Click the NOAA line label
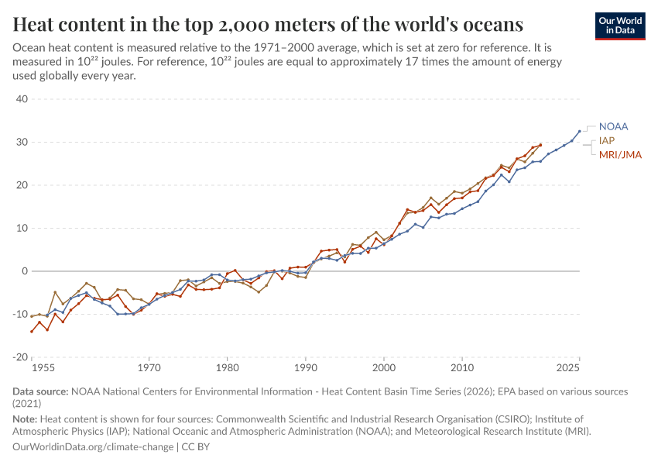[x=613, y=126]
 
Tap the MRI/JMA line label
[x=620, y=155]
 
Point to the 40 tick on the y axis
[x=22, y=99]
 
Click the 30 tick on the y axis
[x=22, y=143]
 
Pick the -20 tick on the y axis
[x=19, y=357]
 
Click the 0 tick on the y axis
[x=25, y=271]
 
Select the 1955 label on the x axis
[x=43, y=367]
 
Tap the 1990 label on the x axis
[x=306, y=367]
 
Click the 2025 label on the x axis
[x=568, y=367]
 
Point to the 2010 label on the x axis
[x=462, y=367]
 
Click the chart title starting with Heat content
[x=268, y=25]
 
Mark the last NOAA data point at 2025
[x=579, y=132]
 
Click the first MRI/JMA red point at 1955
[x=32, y=332]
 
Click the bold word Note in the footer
[x=26, y=418]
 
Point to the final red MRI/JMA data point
[x=540, y=145]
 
